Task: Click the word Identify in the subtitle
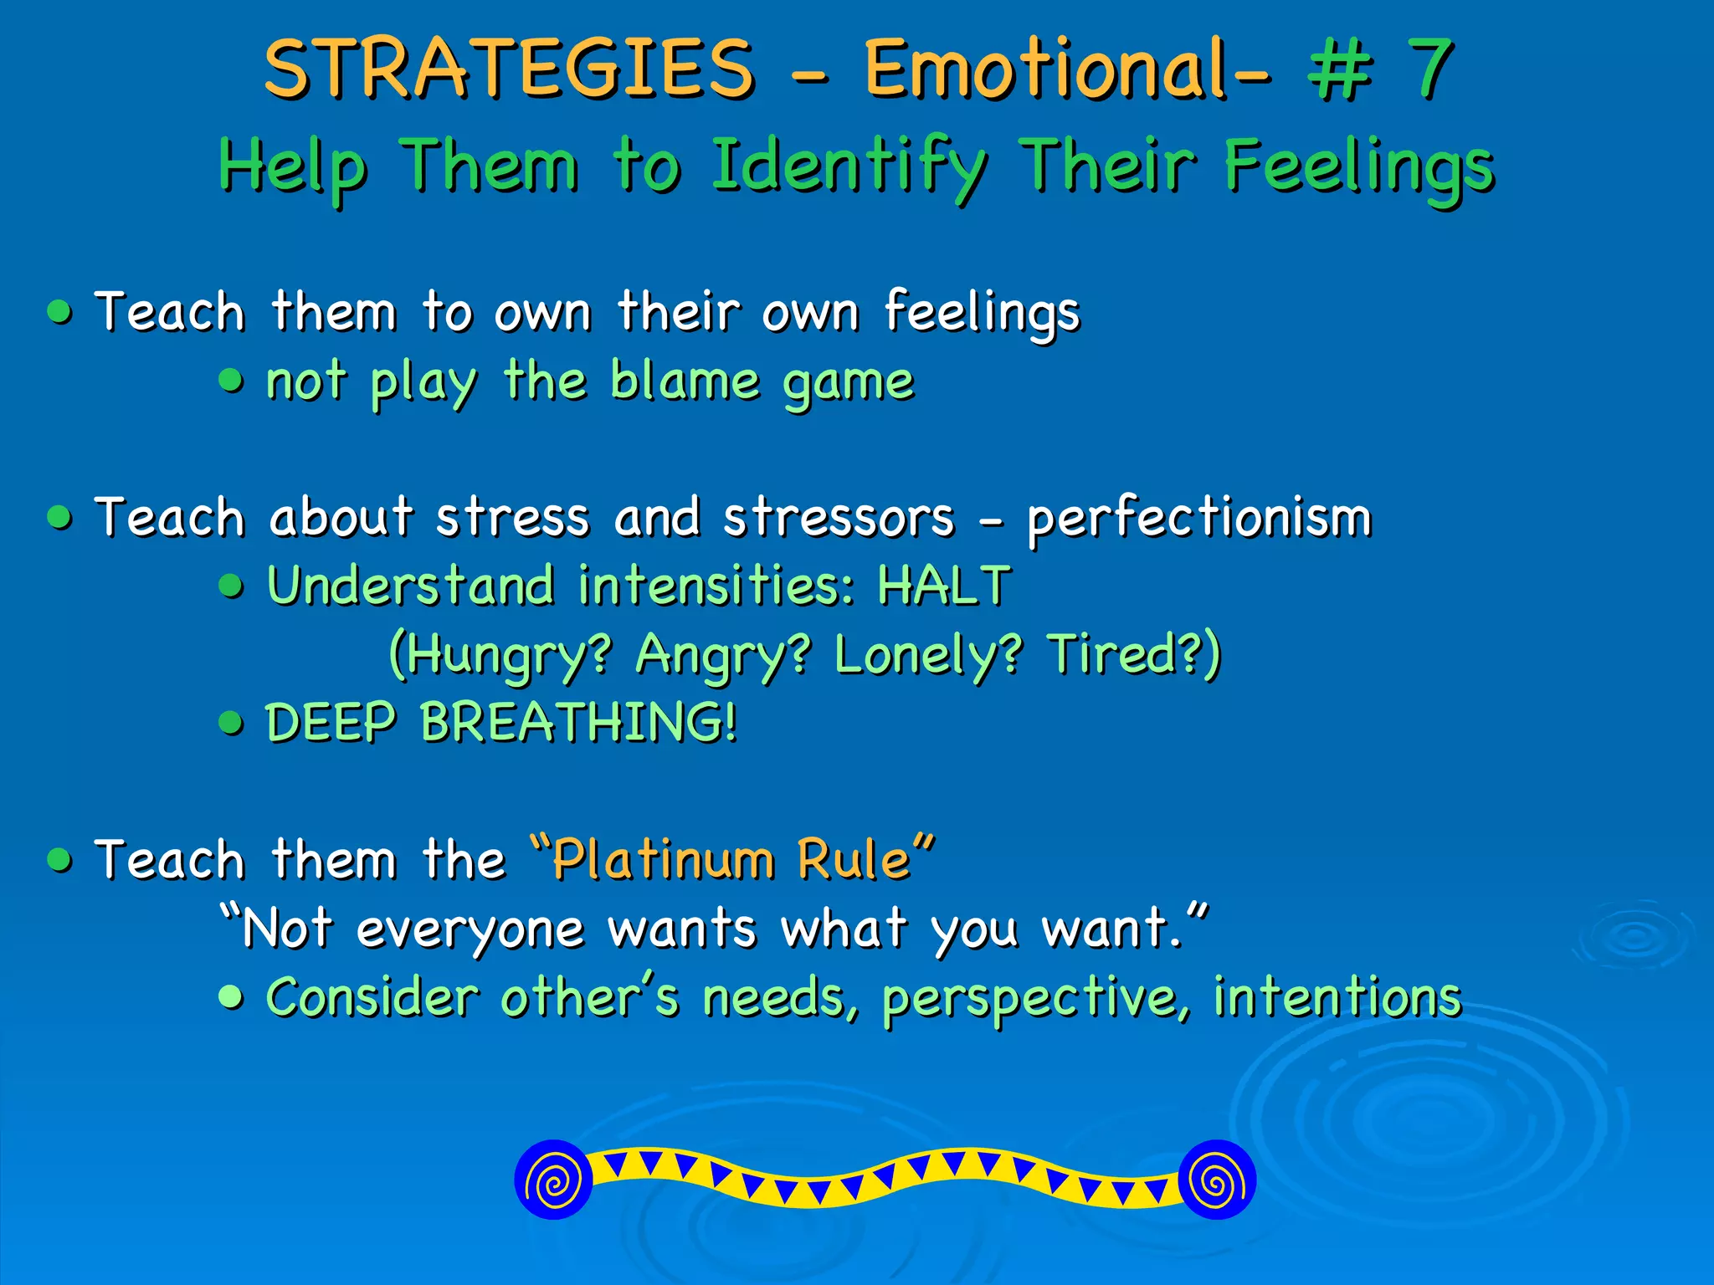(849, 166)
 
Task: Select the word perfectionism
(1199, 518)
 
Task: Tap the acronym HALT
(944, 585)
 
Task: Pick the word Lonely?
(927, 654)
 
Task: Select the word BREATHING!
(578, 722)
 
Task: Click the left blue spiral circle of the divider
(553, 1180)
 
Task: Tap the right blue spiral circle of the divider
(1216, 1180)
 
